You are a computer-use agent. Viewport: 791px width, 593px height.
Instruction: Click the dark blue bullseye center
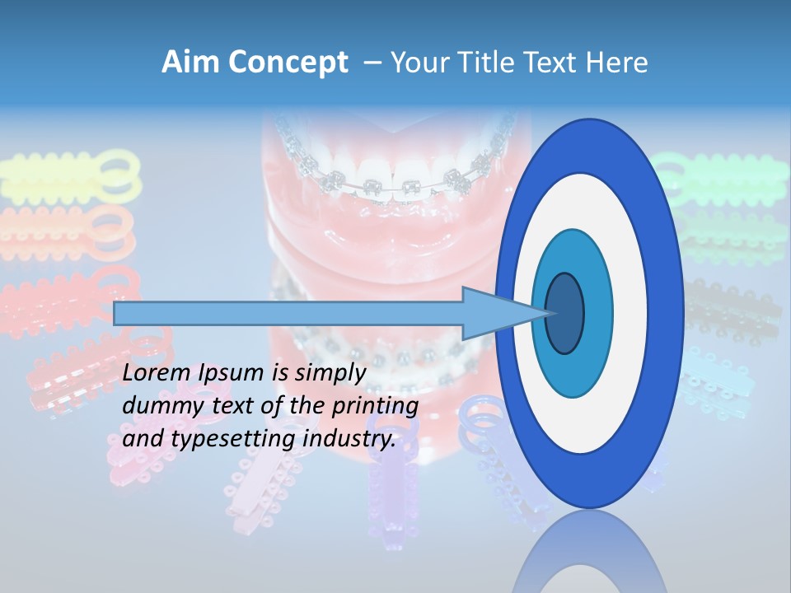coord(565,313)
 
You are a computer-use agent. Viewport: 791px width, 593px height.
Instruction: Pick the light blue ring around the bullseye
coord(597,313)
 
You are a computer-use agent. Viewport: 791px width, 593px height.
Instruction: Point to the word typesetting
coord(222,439)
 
